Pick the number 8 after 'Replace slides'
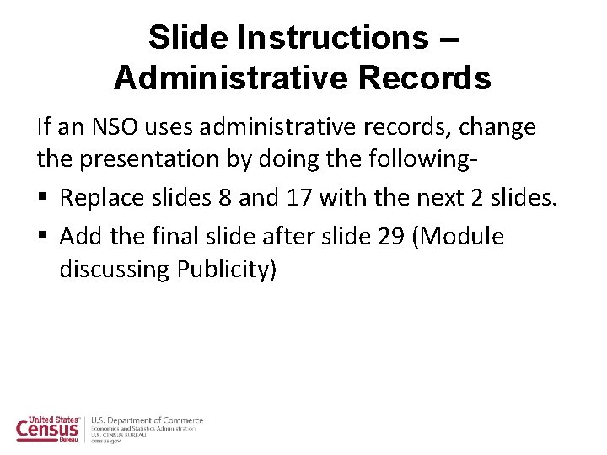pyautogui.click(x=223, y=199)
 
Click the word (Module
pyautogui.click(x=461, y=237)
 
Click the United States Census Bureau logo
pyautogui.click(x=49, y=429)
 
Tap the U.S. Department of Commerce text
pyautogui.click(x=148, y=420)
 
